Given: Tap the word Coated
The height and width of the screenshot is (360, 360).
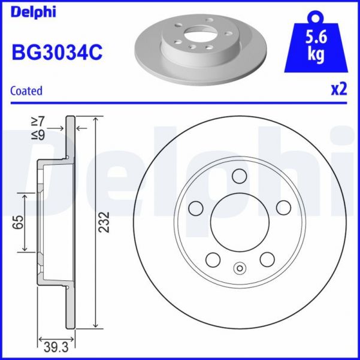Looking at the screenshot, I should point(27,91).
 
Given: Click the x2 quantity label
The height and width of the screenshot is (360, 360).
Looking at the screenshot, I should point(339,90).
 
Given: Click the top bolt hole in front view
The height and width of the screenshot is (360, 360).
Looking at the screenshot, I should point(240,176).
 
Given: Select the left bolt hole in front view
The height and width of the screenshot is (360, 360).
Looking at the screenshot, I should point(195,207).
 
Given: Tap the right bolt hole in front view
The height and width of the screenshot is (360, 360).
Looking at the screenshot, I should point(283,207).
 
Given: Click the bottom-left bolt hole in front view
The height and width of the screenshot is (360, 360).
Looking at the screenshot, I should point(213,259).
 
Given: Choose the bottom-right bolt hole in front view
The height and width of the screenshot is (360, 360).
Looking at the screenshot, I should point(266,259).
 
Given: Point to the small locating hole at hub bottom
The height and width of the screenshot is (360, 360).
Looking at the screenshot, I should point(240,268).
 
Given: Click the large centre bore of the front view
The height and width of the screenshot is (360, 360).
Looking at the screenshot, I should point(240,222).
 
